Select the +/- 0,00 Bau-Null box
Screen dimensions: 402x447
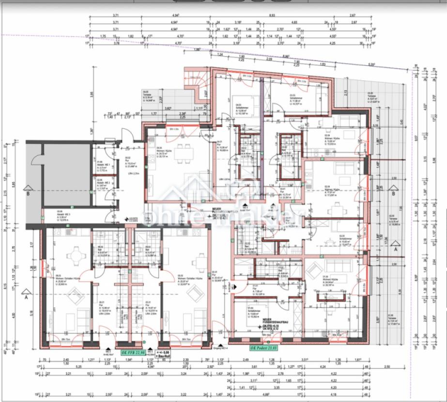pos(163,354)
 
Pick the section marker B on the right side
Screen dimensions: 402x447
pos(393,194)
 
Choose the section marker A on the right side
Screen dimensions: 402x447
pos(396,249)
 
